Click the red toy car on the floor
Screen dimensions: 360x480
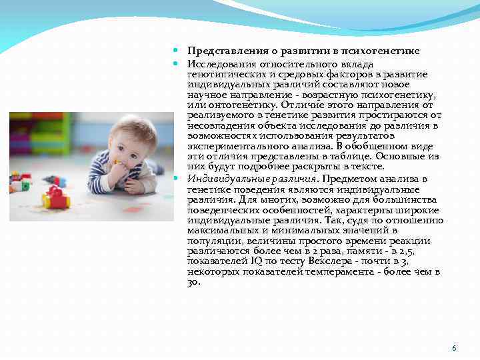[55, 199]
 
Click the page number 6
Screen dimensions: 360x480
[454, 348]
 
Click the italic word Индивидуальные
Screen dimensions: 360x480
[224, 179]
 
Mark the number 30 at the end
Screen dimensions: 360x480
[193, 282]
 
